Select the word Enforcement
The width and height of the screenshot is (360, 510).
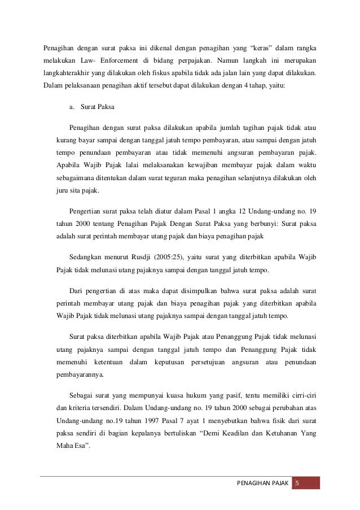109,60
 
